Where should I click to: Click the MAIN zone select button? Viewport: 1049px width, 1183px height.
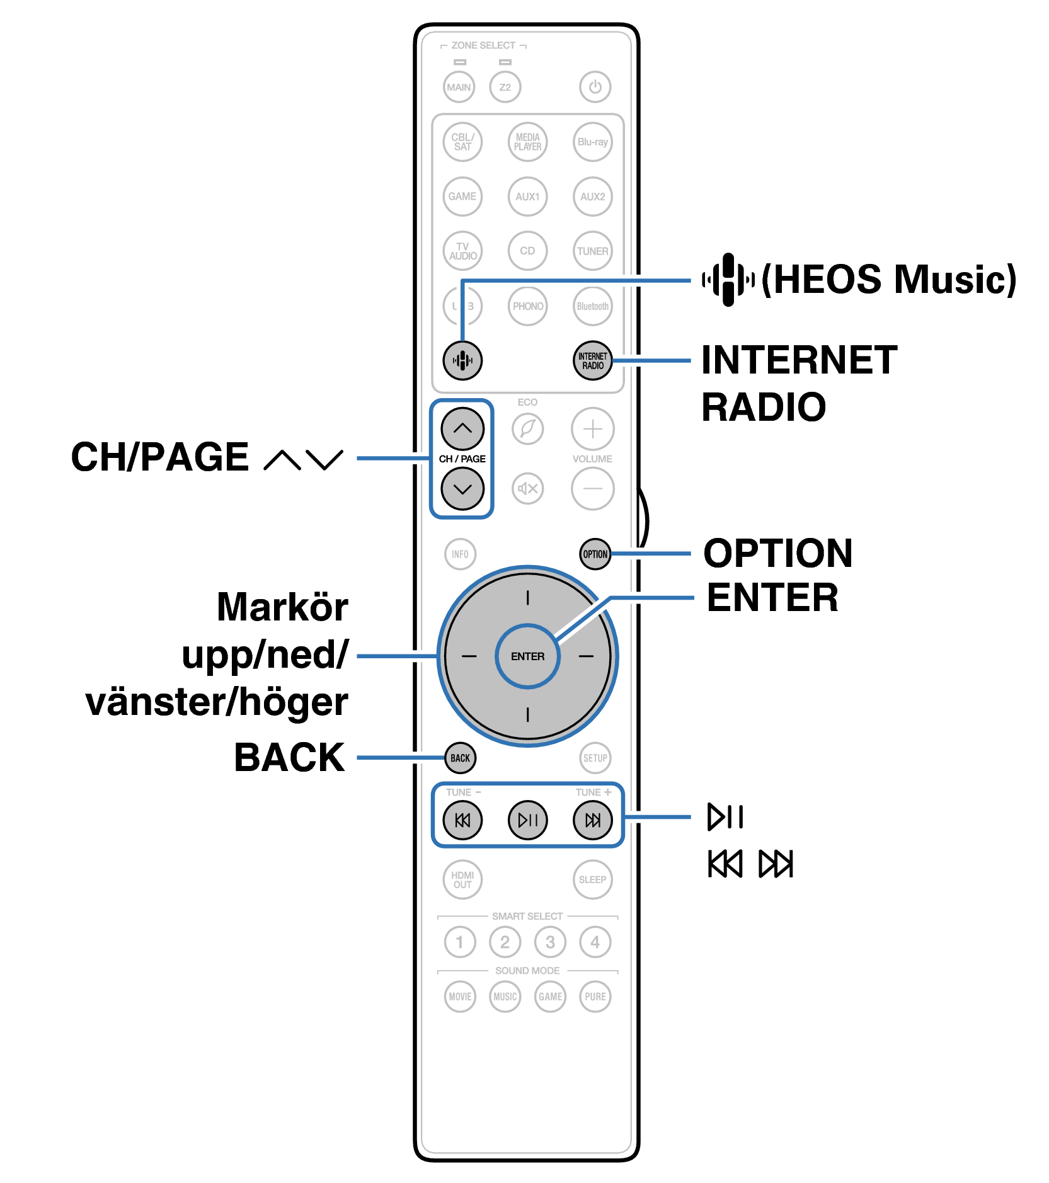pyautogui.click(x=459, y=87)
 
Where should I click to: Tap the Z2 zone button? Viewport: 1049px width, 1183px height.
pyautogui.click(x=505, y=87)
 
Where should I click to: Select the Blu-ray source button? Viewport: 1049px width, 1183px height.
pyautogui.click(x=592, y=142)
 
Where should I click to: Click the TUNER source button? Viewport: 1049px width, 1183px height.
pyautogui.click(x=592, y=251)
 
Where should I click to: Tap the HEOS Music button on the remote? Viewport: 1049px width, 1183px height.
pyautogui.click(x=462, y=360)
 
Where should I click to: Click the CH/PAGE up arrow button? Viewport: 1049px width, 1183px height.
pyautogui.click(x=462, y=428)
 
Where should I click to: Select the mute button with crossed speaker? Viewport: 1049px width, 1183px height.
pyautogui.click(x=528, y=488)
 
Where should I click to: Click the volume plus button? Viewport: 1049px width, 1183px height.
pyautogui.click(x=592, y=429)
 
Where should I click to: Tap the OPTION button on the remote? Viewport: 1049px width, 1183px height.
pyautogui.click(x=595, y=554)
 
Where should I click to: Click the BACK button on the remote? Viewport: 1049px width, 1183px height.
pyautogui.click(x=460, y=758)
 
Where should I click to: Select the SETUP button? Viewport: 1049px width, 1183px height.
pyautogui.click(x=595, y=758)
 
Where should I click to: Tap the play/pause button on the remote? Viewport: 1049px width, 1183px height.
pyautogui.click(x=528, y=820)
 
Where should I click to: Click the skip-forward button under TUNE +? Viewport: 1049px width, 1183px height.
pyautogui.click(x=592, y=820)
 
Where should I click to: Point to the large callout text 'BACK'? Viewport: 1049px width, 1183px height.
pyautogui.click(x=289, y=757)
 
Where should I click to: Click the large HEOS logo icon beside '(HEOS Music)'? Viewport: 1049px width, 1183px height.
pyautogui.click(x=728, y=279)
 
